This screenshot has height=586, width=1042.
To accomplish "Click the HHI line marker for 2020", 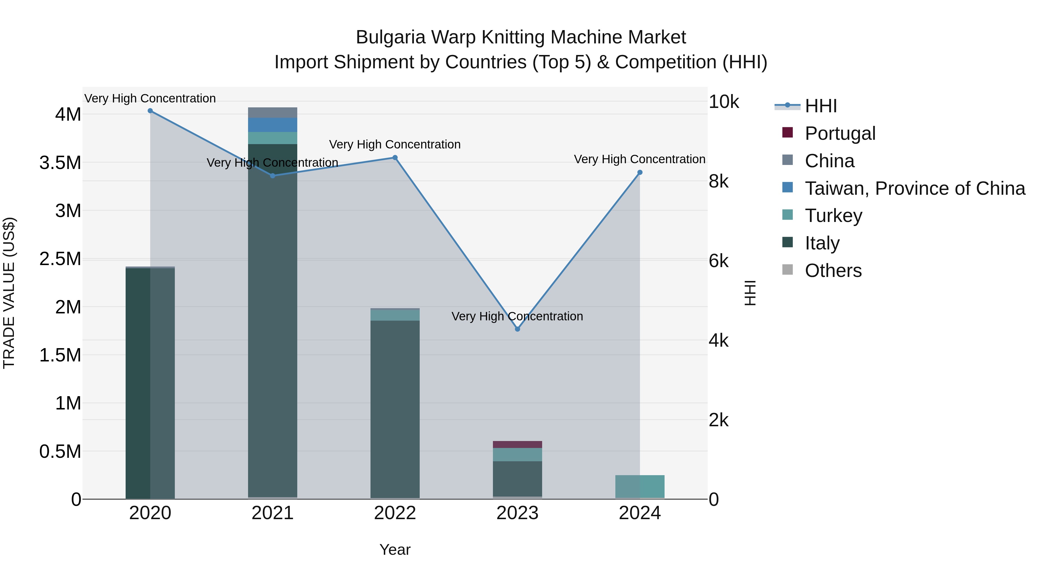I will pyautogui.click(x=150, y=111).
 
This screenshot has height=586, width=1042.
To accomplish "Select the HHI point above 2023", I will pyautogui.click(x=517, y=329).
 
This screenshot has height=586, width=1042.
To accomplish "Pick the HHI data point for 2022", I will pyautogui.click(x=395, y=158).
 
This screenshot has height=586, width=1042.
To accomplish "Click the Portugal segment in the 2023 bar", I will pyautogui.click(x=517, y=444).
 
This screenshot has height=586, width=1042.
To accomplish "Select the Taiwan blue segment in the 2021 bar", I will pyautogui.click(x=273, y=125).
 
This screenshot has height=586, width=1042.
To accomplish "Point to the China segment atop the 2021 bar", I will pyautogui.click(x=273, y=113).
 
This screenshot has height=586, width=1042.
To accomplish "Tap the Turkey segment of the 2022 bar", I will pyautogui.click(x=395, y=315).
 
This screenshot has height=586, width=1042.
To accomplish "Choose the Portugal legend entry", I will pyautogui.click(x=840, y=133).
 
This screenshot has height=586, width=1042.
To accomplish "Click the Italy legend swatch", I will pyautogui.click(x=788, y=242).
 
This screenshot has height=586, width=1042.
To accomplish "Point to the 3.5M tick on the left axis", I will pyautogui.click(x=60, y=163).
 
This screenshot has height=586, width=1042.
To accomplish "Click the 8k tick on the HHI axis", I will pyautogui.click(x=718, y=181).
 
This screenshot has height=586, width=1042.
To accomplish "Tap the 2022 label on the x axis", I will pyautogui.click(x=395, y=513).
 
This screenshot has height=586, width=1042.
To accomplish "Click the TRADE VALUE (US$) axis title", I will pyautogui.click(x=9, y=293).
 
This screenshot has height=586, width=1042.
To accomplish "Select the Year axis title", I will pyautogui.click(x=395, y=550).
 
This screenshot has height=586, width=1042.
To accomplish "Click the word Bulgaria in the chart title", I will pyautogui.click(x=390, y=37).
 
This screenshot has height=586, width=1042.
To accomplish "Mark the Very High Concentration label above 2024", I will pyautogui.click(x=639, y=159).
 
